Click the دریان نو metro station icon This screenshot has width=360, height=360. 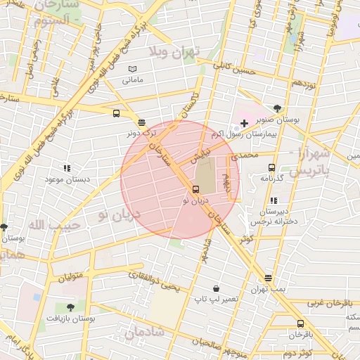click(195, 189)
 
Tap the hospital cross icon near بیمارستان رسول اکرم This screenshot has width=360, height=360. click(244, 123)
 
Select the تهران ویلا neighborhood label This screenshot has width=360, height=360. click(174, 52)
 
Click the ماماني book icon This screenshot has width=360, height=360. click(133, 69)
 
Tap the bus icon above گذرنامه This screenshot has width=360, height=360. click(271, 167)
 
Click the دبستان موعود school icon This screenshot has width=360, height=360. click(67, 168)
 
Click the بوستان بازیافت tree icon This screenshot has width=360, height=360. click(70, 307)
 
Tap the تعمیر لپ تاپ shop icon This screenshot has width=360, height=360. click(216, 288)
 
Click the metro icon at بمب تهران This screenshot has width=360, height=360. click(268, 278)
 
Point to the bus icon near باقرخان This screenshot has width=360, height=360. click(301, 323)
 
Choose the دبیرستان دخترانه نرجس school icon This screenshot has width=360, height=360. click(274, 200)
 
